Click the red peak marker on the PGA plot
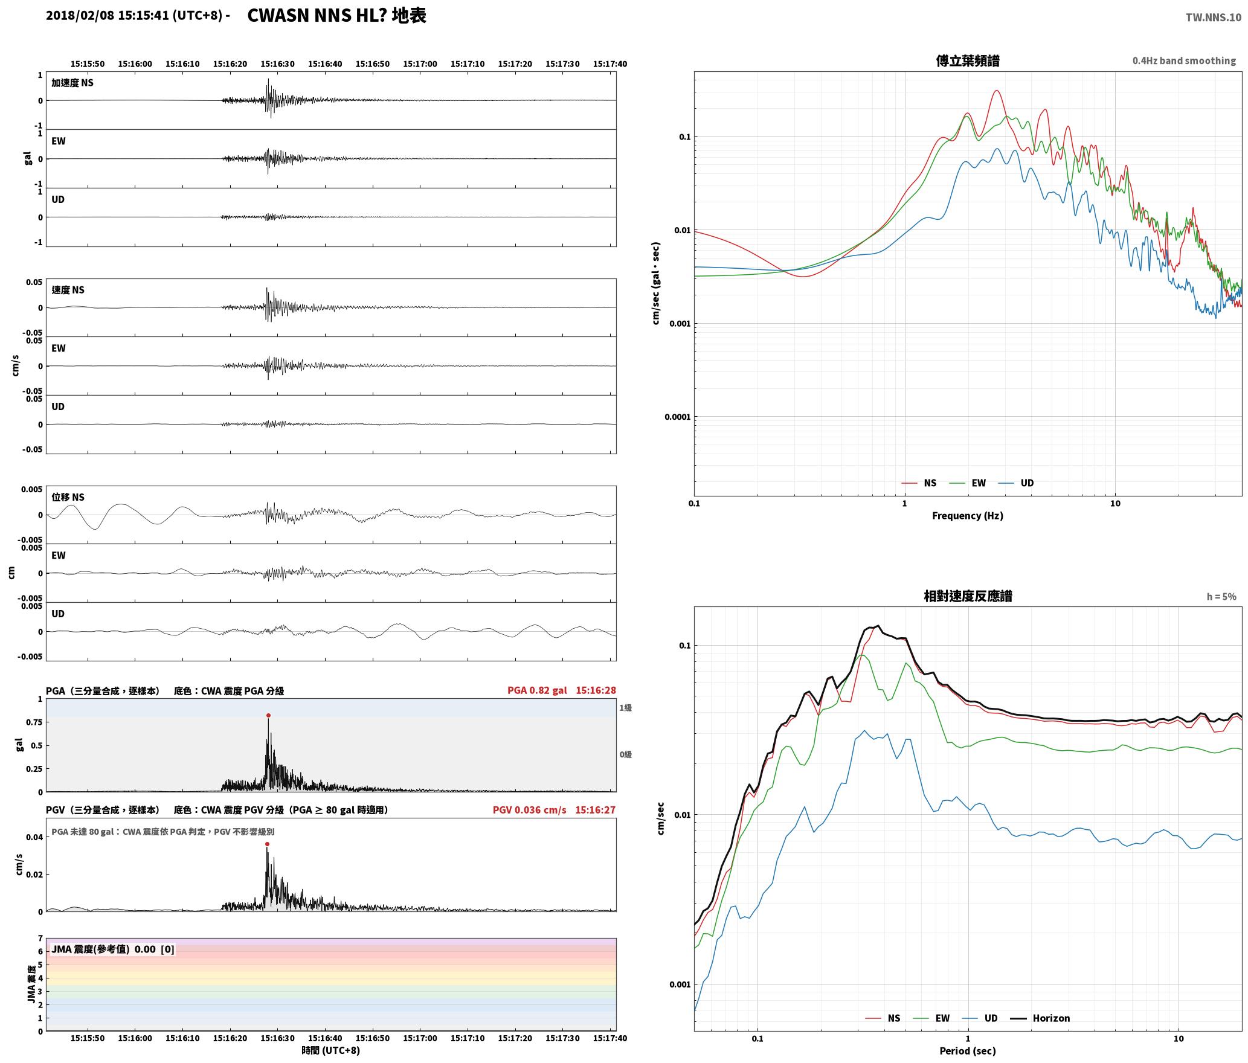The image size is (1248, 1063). pos(268,716)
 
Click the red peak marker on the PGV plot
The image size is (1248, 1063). pos(267,844)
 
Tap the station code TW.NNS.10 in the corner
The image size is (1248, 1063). pos(1213,17)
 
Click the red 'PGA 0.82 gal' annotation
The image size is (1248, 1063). pos(537,690)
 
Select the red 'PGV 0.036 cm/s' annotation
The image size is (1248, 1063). pos(529,810)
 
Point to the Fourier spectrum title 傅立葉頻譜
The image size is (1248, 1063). pos(968,60)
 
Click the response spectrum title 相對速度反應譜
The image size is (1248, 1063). pos(968,596)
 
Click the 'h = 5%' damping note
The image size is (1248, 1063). pos(1221,597)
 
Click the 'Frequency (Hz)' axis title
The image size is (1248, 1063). pos(968,516)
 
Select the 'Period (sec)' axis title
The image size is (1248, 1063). pos(968,1051)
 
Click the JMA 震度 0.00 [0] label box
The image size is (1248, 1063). pos(113,949)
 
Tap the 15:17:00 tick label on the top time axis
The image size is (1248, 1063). pos(420,64)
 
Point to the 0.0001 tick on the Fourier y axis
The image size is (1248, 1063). pos(677,417)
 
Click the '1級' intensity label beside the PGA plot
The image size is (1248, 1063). pos(625,708)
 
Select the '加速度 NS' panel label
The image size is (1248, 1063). pos(72,83)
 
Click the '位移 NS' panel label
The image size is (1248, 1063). pos(68,497)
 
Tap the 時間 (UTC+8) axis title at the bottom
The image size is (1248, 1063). pos(331,1050)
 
